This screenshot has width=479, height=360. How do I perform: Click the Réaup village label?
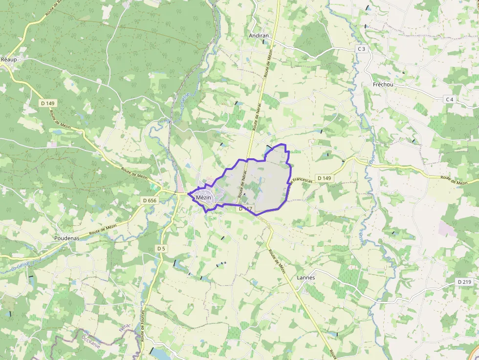pos(9,59)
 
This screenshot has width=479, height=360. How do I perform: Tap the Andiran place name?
pos(259,36)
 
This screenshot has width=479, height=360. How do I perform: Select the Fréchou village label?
pos(383,85)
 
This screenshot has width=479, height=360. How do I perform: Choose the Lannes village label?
pos(306,277)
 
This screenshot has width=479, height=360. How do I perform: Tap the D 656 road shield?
pos(150,200)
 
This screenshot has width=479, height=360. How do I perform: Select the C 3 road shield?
pos(361,49)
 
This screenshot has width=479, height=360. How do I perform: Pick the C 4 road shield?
pos(450,99)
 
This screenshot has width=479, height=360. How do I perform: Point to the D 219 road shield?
pos(464,282)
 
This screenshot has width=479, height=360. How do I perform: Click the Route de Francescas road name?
pos(299,187)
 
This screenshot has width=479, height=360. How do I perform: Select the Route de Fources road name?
pos(143,322)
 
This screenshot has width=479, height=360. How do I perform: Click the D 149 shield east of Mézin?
pos(324,178)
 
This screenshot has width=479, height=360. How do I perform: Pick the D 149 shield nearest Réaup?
pos(48,103)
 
